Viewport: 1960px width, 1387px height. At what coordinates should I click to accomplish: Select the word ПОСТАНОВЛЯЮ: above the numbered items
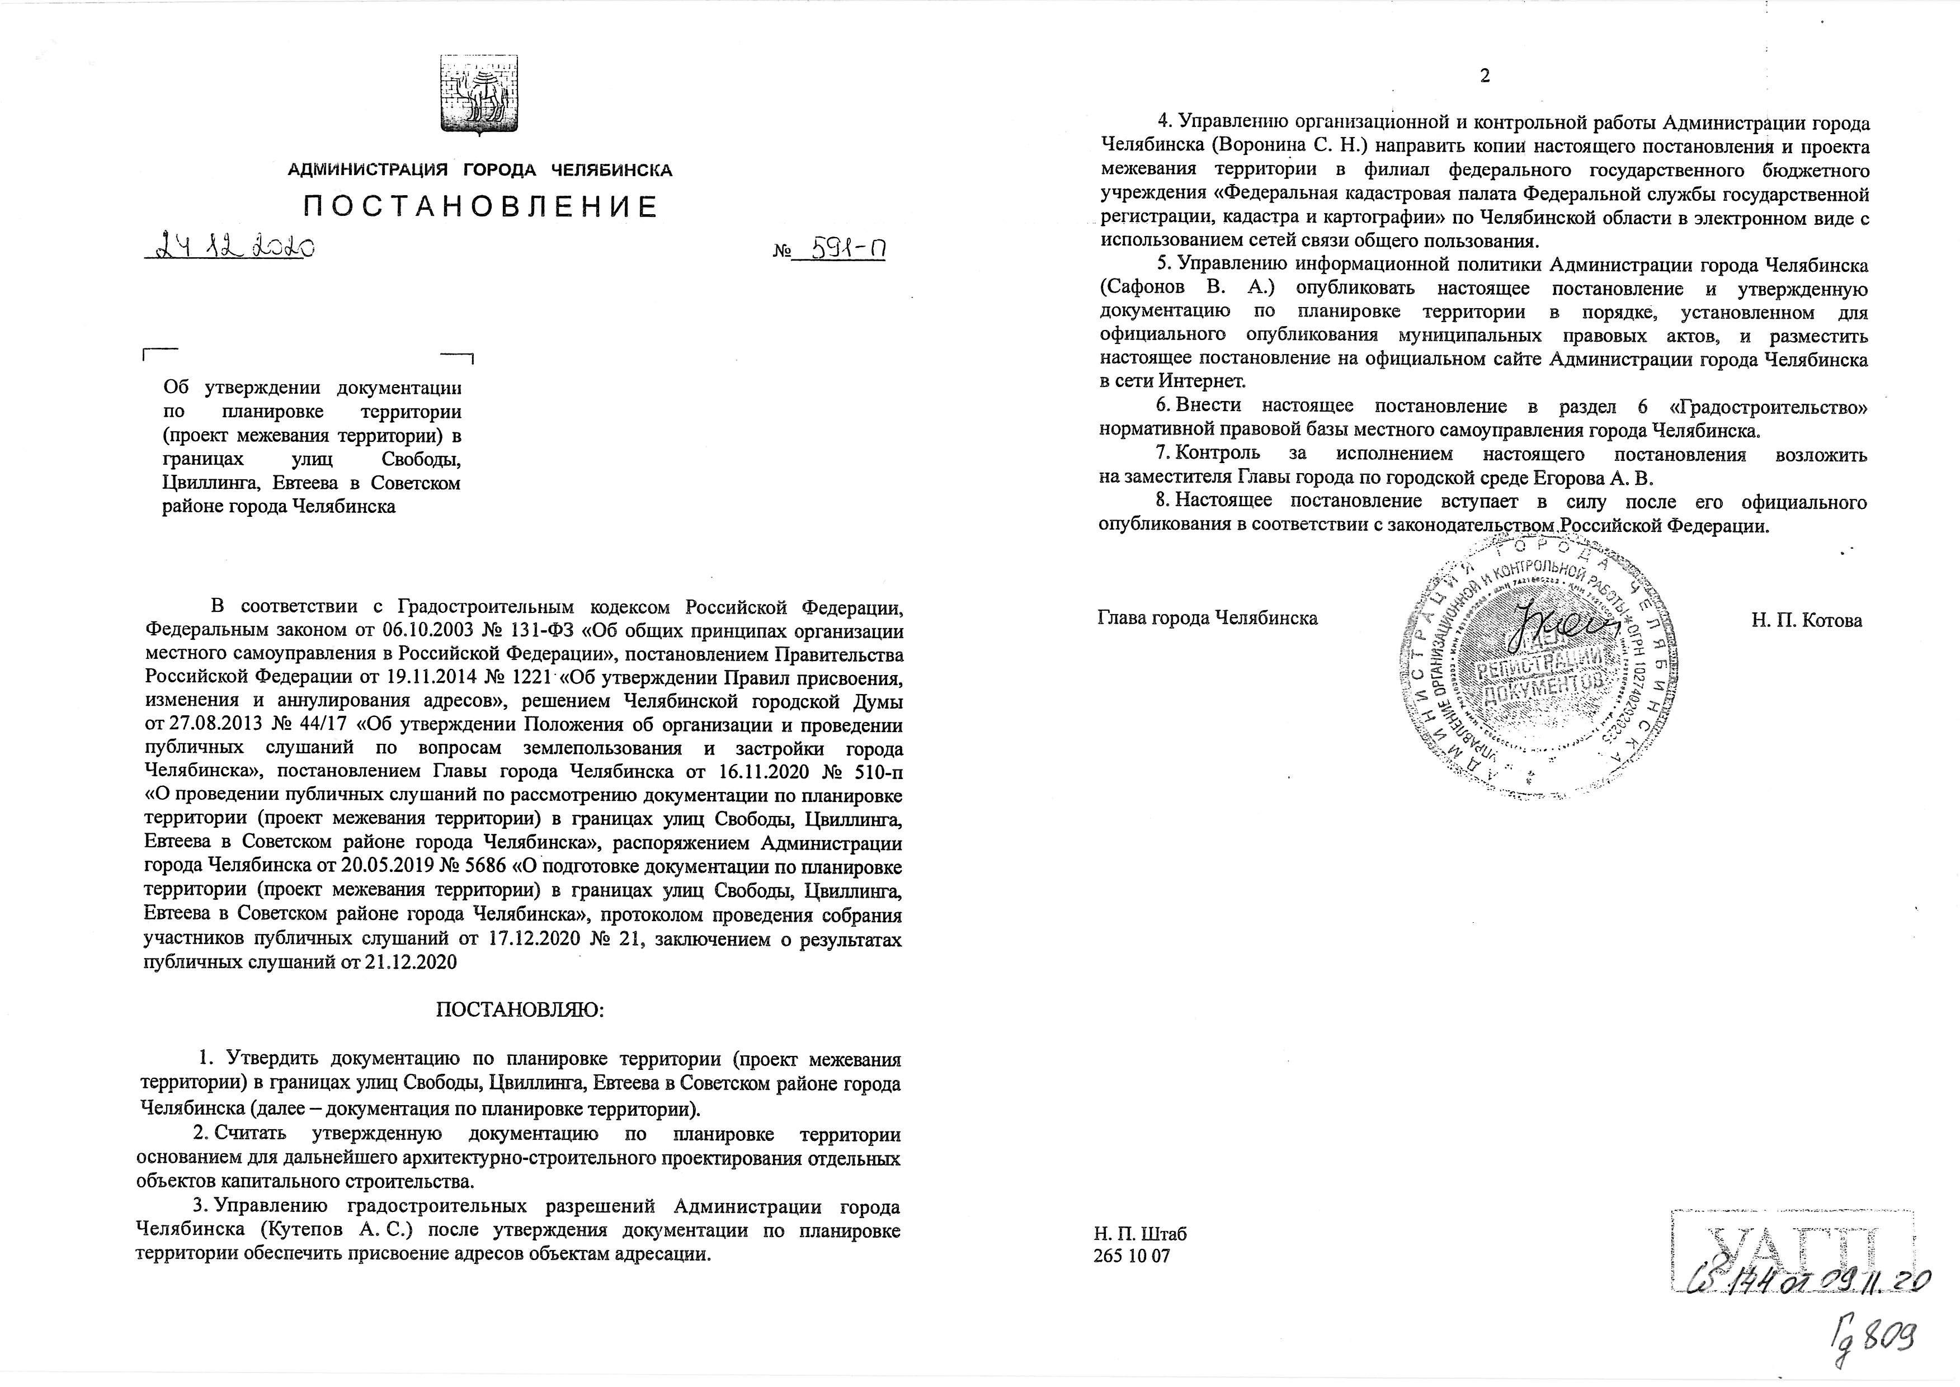[520, 1009]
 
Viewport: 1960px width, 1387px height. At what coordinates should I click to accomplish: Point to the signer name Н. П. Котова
[1806, 621]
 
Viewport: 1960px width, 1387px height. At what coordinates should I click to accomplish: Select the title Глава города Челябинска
[1207, 617]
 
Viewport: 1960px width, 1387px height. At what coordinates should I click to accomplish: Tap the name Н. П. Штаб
[1140, 1233]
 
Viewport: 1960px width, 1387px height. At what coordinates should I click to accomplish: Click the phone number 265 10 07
[1132, 1256]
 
